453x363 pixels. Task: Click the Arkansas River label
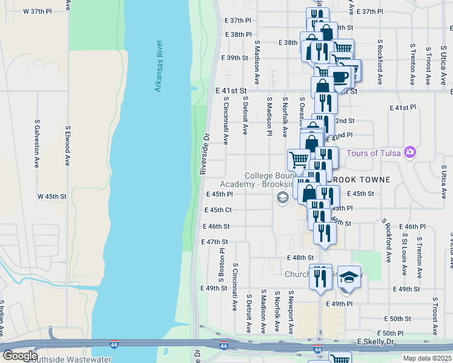coord(159,66)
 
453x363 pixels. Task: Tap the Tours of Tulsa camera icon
coord(410,152)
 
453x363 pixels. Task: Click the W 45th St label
coord(51,197)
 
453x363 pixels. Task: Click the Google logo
coord(19,356)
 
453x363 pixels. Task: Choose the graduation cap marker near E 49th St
coord(349,276)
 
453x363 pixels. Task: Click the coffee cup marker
coord(340,76)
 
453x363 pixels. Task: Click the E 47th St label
coord(214,242)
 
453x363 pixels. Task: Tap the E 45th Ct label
coord(217,210)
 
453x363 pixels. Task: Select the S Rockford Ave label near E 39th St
coord(380,64)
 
